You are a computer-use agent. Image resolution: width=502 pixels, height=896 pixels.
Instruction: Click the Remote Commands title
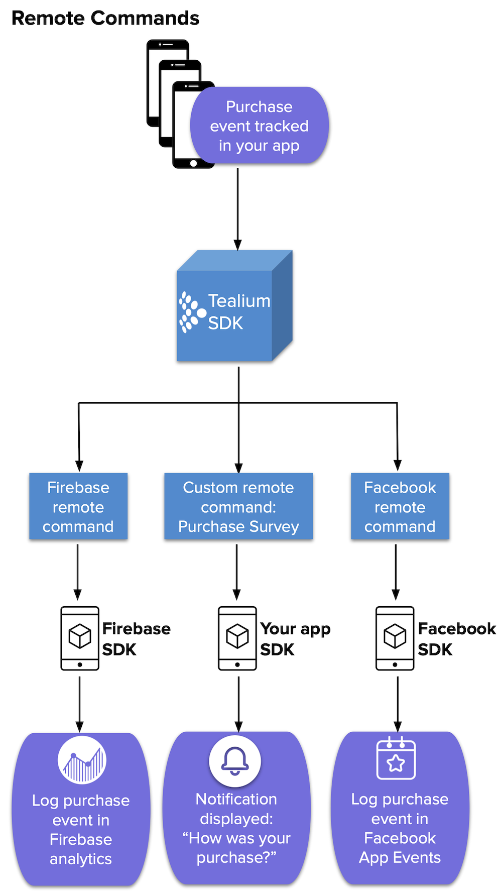105,18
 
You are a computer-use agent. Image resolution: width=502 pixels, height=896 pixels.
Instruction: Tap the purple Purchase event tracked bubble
259,126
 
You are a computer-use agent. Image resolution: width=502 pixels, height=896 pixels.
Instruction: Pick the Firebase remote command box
78,506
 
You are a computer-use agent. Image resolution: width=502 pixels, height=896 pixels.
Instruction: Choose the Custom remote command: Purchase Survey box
238,506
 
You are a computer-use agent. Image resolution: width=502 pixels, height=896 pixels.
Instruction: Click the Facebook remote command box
400,506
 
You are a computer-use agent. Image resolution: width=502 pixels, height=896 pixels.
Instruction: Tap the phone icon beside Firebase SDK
80,638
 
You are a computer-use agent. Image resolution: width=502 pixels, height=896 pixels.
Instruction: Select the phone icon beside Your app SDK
237,638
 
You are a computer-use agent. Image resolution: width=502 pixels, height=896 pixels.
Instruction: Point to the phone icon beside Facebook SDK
395,638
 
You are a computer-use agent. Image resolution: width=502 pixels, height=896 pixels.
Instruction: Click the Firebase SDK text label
136,639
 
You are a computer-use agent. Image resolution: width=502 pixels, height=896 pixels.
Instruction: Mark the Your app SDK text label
295,639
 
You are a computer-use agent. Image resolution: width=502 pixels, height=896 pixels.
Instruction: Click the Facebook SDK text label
456,639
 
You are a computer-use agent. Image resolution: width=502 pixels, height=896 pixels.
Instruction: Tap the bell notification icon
235,761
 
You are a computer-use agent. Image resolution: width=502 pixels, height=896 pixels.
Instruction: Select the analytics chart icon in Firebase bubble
82,760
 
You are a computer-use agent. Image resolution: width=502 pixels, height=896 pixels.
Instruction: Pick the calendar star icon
396,759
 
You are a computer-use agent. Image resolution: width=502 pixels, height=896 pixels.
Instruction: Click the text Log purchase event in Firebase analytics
81,829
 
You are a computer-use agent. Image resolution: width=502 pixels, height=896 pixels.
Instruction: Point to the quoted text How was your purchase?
236,848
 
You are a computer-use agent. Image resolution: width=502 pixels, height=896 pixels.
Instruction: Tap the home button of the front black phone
194,163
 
